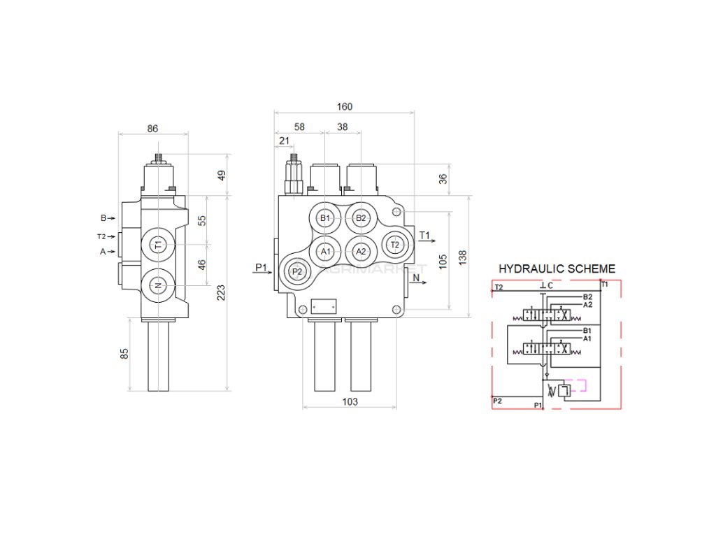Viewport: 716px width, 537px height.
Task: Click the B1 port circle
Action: pyautogui.click(x=324, y=218)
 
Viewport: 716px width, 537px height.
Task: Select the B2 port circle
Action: pyautogui.click(x=361, y=218)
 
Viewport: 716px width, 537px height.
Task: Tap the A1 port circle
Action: pyautogui.click(x=325, y=251)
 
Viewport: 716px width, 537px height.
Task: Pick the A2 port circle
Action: pyautogui.click(x=361, y=251)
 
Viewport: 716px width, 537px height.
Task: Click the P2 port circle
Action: pyautogui.click(x=297, y=271)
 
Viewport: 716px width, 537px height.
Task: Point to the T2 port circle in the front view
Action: pyautogui.click(x=394, y=244)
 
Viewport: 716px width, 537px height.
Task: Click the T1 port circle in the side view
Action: pyautogui.click(x=158, y=245)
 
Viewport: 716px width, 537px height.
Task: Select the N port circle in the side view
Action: pyautogui.click(x=158, y=285)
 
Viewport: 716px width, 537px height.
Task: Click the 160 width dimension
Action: pyautogui.click(x=345, y=107)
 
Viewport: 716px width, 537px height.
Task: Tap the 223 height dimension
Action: pyautogui.click(x=221, y=293)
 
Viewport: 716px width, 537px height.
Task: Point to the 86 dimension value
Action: pyautogui.click(x=153, y=129)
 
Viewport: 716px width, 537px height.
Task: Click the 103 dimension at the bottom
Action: pyautogui.click(x=350, y=401)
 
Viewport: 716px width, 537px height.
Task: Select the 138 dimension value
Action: pyautogui.click(x=462, y=257)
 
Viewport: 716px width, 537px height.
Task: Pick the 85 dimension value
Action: pyautogui.click(x=125, y=354)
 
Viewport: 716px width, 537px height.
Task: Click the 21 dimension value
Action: pyautogui.click(x=284, y=141)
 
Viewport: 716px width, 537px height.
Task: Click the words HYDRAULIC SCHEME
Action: pyautogui.click(x=557, y=268)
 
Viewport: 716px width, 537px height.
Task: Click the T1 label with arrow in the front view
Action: pyautogui.click(x=425, y=235)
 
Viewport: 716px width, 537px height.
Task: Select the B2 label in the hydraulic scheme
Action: pyautogui.click(x=587, y=297)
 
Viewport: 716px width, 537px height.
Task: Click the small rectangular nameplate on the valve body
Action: pyautogui.click(x=324, y=306)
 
